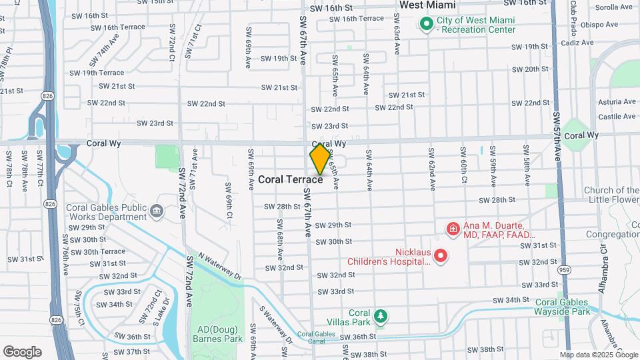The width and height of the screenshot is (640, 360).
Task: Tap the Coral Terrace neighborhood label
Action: click(291, 179)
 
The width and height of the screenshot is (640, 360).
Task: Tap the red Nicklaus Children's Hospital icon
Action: click(440, 255)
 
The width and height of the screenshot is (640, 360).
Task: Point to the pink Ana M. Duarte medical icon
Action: click(453, 229)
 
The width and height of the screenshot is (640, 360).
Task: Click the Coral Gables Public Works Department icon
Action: click(157, 212)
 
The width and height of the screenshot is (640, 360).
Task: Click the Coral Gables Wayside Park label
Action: click(563, 307)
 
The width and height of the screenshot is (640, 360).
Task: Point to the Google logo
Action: click(21, 351)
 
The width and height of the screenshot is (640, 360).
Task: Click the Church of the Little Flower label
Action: click(611, 195)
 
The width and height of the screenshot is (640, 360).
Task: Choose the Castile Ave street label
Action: click(617, 117)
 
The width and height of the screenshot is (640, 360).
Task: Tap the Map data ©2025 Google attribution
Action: click(597, 355)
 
